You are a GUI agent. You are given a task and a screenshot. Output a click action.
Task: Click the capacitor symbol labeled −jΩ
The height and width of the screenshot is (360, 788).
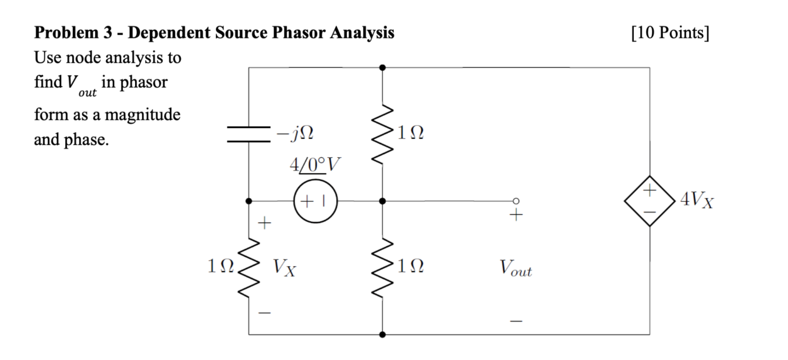click(249, 134)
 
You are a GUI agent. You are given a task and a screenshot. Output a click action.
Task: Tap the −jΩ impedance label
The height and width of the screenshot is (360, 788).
click(295, 133)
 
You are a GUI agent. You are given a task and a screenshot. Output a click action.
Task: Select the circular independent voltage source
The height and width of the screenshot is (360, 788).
click(315, 201)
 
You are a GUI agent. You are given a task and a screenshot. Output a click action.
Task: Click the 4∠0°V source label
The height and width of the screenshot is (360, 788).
click(314, 165)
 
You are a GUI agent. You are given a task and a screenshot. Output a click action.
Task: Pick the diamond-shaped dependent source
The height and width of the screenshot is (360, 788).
click(650, 201)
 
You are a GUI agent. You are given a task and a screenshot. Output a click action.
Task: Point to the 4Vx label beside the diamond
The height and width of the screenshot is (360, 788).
click(697, 200)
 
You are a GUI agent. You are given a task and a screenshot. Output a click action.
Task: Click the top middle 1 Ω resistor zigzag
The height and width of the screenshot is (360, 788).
click(382, 134)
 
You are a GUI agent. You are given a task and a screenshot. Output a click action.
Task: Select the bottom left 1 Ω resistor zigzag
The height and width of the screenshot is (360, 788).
click(249, 268)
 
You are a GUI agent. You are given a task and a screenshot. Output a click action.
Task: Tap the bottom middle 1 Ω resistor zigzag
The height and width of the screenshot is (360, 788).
click(382, 268)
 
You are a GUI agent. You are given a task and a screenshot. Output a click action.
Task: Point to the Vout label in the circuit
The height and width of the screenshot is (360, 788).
click(515, 268)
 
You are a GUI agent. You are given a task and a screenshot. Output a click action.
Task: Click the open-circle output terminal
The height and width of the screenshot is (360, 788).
click(516, 201)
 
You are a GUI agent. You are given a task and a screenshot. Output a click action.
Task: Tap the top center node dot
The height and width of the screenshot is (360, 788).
click(382, 68)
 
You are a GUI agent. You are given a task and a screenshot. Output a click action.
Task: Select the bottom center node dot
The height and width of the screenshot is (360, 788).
click(382, 335)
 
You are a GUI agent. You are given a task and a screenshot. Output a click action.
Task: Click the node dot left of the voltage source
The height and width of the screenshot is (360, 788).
click(249, 201)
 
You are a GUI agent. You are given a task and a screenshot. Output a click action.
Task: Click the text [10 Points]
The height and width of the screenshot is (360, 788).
click(670, 33)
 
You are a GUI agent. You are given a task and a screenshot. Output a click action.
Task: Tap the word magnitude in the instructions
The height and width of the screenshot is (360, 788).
click(142, 115)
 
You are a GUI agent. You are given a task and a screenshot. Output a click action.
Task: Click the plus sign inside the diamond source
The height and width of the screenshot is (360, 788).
click(650, 191)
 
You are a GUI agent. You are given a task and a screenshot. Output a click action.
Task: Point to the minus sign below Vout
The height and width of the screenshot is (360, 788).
click(516, 321)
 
